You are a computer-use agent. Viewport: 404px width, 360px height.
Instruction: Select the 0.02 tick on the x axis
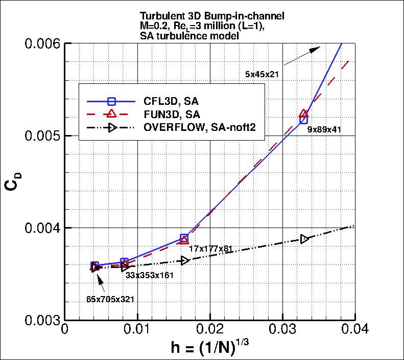[210, 330]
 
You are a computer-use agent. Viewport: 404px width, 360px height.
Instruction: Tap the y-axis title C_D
[12, 182]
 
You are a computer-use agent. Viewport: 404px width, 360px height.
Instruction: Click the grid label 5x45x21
[262, 75]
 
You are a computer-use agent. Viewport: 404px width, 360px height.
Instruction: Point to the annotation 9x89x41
[324, 130]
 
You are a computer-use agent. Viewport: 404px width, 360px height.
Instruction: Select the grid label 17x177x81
[210, 249]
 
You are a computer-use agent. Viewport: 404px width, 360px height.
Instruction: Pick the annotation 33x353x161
[150, 275]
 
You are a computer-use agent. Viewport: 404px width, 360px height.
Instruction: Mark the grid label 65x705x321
[110, 300]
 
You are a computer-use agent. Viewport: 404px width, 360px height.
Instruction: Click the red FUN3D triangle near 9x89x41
[304, 114]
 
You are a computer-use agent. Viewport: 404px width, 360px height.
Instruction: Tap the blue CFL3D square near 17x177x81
[184, 238]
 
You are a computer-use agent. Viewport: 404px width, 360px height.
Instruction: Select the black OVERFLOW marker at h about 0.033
[304, 239]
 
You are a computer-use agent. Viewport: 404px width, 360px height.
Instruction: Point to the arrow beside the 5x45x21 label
[301, 55]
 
